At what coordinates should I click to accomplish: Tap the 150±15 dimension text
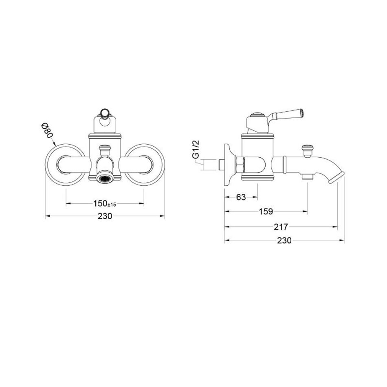[105, 204]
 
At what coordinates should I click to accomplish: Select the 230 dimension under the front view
[105, 216]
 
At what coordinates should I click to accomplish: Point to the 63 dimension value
[241, 197]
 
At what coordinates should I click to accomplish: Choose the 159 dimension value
[266, 211]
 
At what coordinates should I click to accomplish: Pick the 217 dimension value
[281, 227]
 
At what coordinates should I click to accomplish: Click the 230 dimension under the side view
[284, 240]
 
